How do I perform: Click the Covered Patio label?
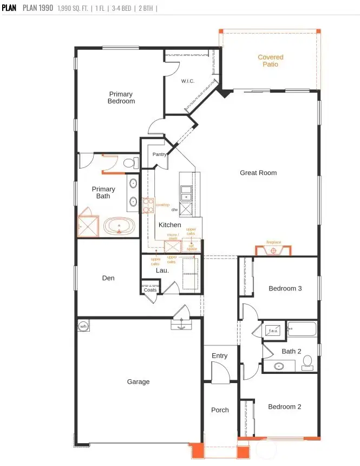coord(270,61)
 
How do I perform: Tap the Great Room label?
coord(258,173)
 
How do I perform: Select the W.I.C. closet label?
coord(187,81)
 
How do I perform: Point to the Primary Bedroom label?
coord(121,98)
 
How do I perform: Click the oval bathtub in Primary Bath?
coord(120,226)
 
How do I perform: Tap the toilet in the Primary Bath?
coord(129,163)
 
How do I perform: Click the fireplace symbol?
coord(273,251)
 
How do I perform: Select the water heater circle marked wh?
coord(83,326)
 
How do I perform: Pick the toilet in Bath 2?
coord(307,361)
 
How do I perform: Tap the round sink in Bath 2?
coord(279,367)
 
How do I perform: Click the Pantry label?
coord(159,154)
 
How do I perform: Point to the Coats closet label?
coord(150,290)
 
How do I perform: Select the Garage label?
coord(138,381)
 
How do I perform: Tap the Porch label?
coord(220,410)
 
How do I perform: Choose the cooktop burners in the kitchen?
coord(148,205)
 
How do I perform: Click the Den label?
coord(108,278)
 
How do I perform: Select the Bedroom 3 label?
coord(285,288)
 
